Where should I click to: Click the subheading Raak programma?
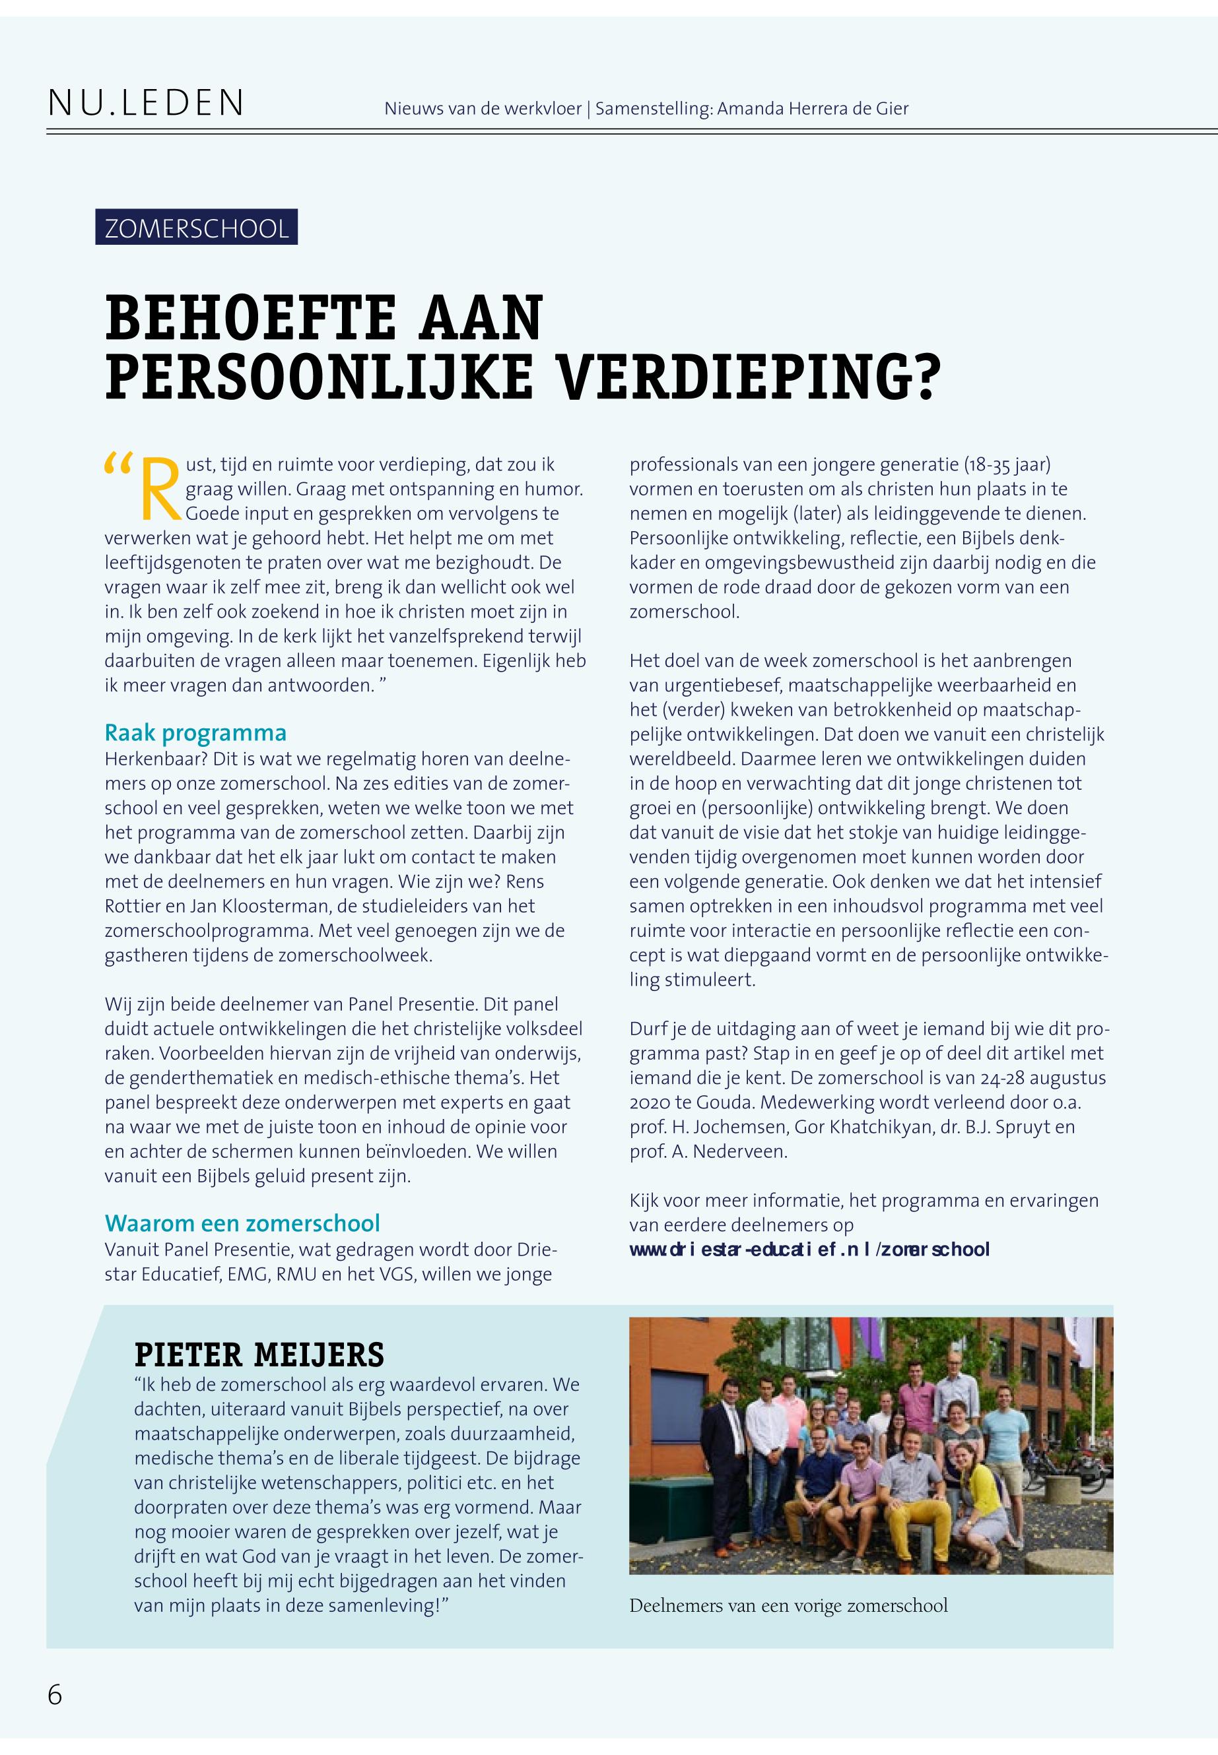(195, 732)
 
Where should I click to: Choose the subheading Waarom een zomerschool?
(242, 1223)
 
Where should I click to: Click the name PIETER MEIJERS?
(259, 1355)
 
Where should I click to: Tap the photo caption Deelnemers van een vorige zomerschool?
(788, 1605)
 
